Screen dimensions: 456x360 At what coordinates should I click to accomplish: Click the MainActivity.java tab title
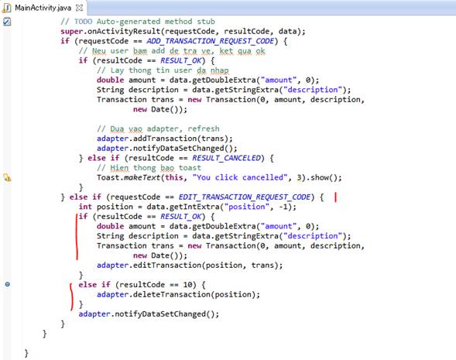click(43, 8)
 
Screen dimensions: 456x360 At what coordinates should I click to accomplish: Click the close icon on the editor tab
click(79, 8)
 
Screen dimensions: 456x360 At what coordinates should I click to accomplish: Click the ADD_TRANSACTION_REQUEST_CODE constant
click(210, 41)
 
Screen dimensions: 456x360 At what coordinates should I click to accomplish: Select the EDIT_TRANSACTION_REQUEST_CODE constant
click(245, 197)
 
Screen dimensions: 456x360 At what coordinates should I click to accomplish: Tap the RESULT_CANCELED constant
click(226, 158)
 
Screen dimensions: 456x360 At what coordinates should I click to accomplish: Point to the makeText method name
click(142, 177)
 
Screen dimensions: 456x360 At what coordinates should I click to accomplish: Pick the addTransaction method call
click(165, 139)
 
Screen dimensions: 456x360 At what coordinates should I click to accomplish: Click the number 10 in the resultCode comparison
click(187, 285)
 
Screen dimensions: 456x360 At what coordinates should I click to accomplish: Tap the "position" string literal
click(247, 207)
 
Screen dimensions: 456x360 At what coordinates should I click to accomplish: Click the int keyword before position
click(85, 207)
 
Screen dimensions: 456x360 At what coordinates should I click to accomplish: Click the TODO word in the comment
click(83, 22)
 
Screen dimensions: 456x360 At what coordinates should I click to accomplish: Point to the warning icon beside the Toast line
click(7, 177)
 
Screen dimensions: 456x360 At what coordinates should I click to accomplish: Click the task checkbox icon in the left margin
click(7, 22)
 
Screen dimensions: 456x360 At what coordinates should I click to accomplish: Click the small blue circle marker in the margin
click(8, 284)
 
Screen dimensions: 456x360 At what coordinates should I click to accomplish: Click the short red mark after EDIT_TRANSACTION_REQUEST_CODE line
click(335, 197)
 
